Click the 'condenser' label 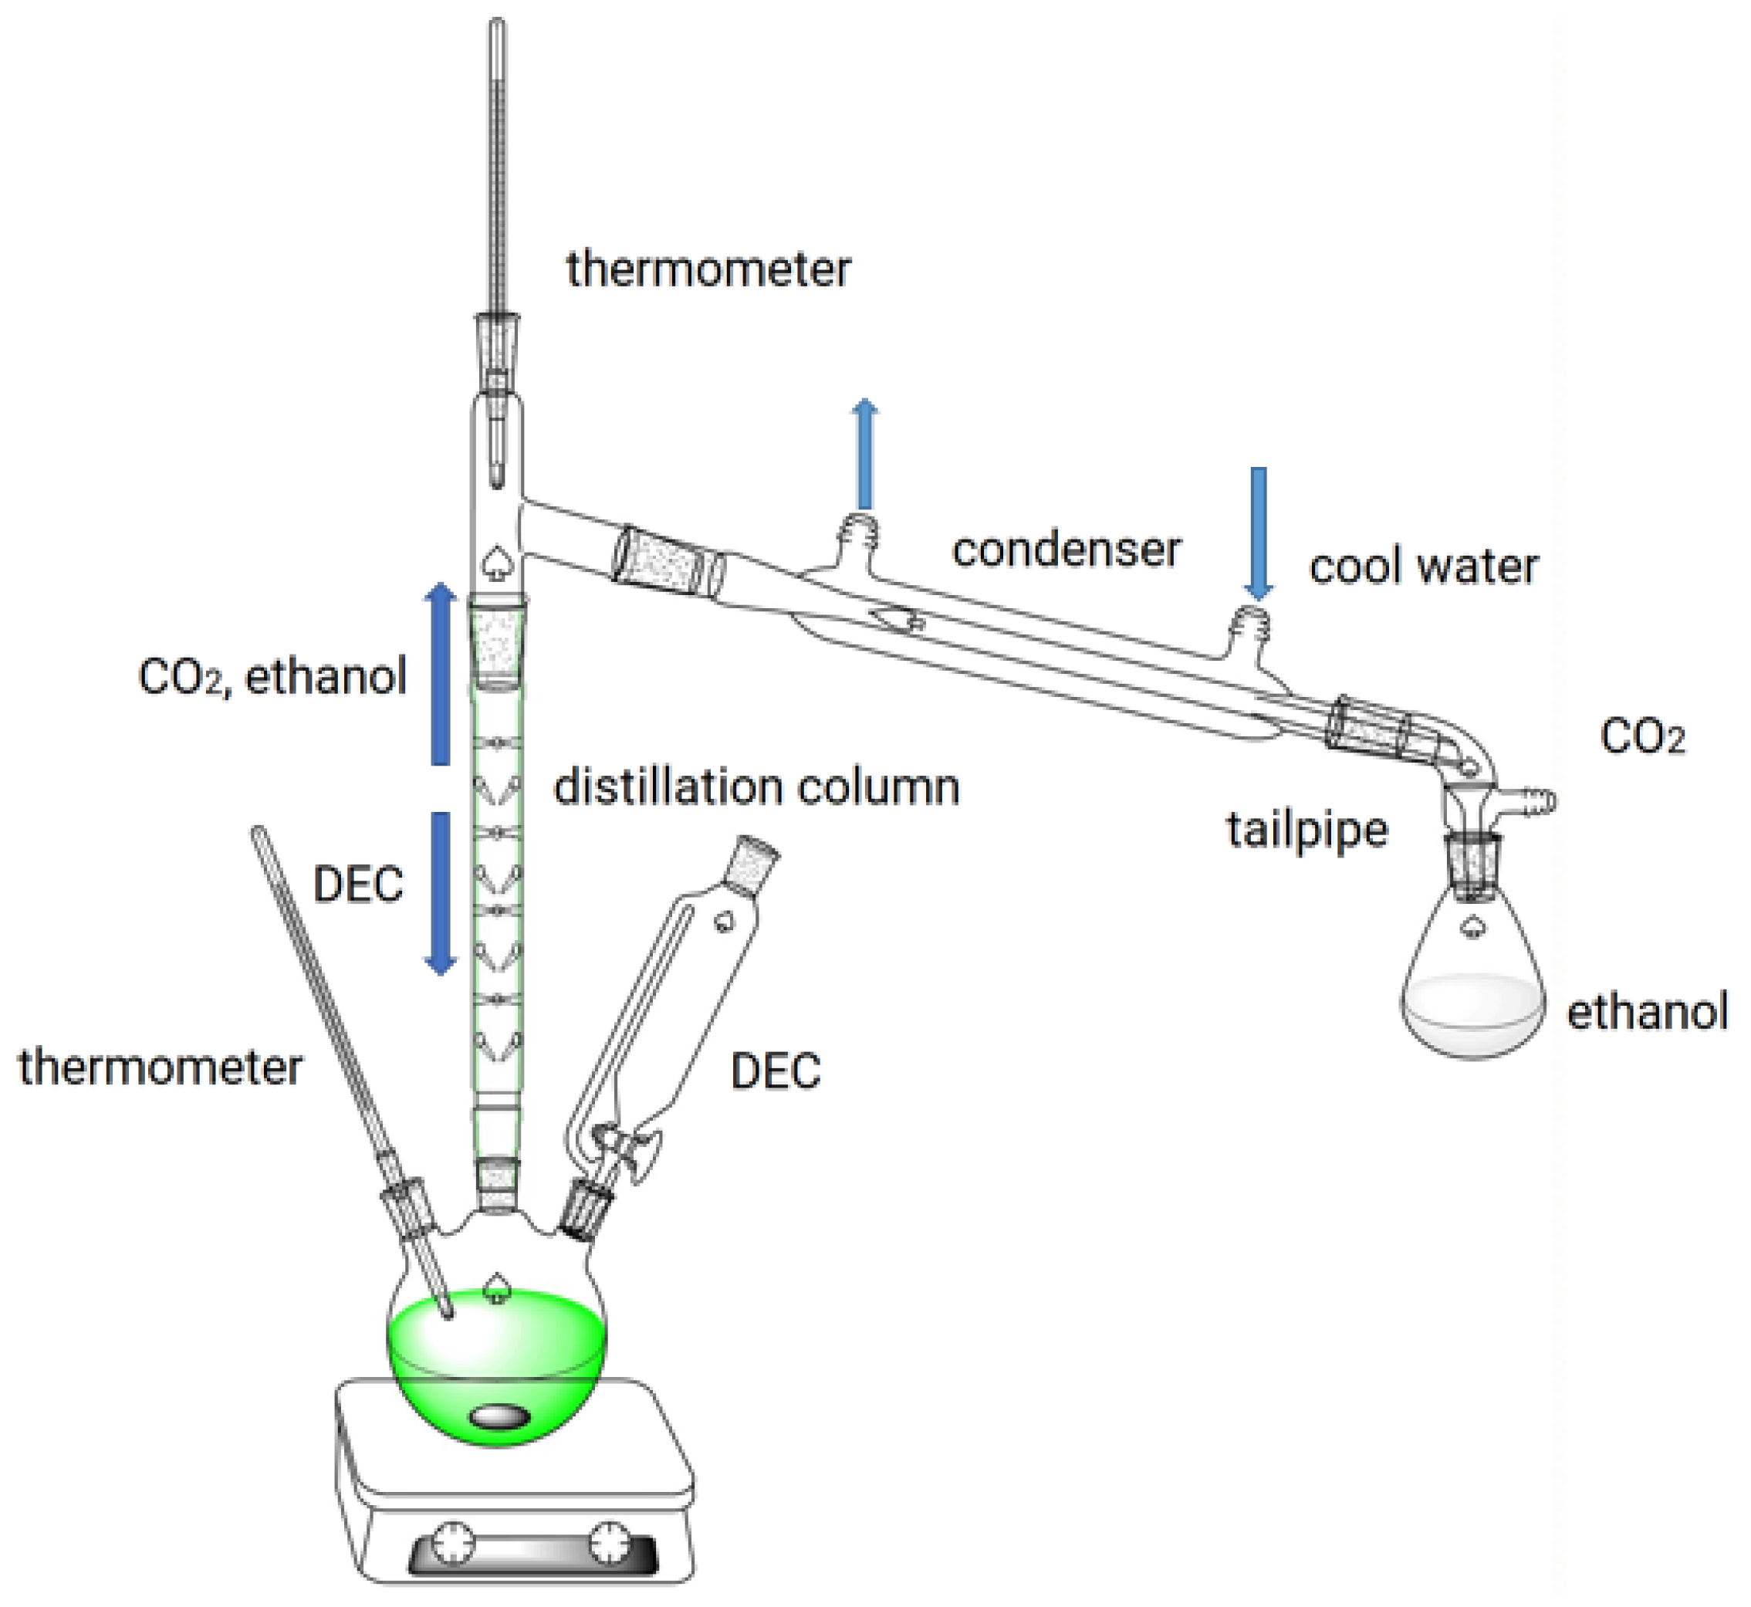pos(1066,550)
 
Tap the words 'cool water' pos(1423,568)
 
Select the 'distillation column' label pos(756,788)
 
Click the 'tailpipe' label pos(1306,830)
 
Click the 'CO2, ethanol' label pos(272,677)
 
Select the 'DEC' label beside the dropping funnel pos(776,1071)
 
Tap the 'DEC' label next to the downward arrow pos(357,885)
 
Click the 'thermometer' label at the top pos(708,269)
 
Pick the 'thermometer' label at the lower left pos(161,1067)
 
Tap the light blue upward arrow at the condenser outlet pos(864,454)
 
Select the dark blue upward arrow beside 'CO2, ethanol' pos(441,674)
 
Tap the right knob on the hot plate pos(609,1543)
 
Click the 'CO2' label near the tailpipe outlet pos(1642,737)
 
